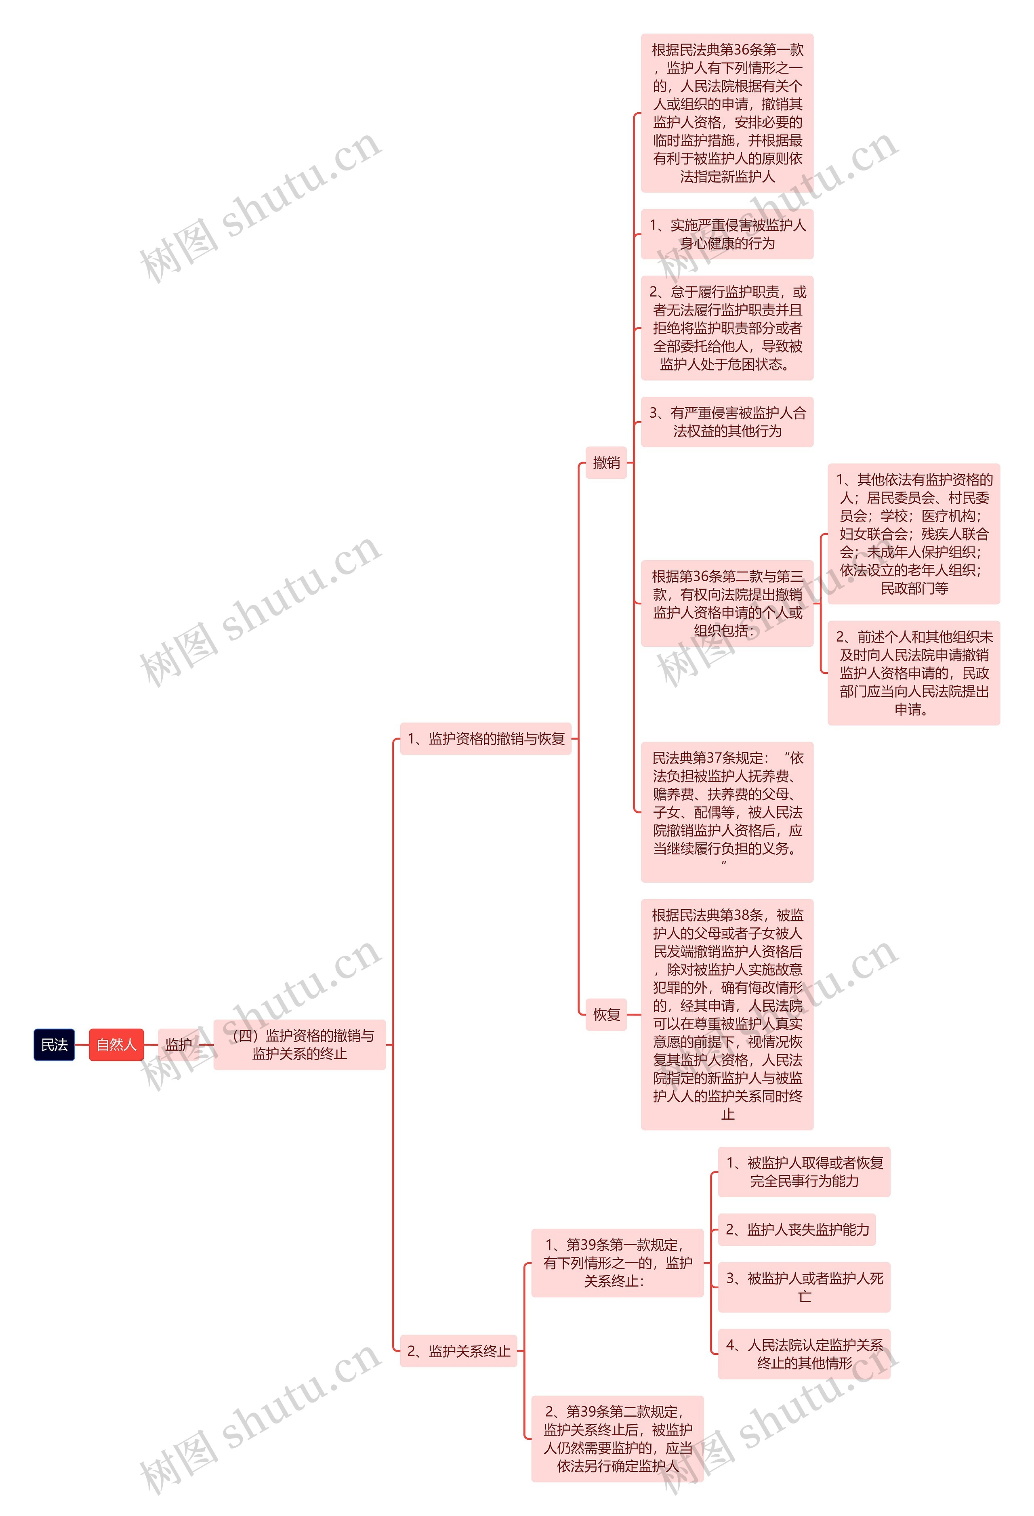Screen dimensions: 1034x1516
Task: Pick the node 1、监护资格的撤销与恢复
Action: point(485,738)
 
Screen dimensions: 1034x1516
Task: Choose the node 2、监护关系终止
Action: point(458,1350)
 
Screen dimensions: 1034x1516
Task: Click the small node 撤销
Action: point(606,463)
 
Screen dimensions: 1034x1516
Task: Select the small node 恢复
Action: point(606,1014)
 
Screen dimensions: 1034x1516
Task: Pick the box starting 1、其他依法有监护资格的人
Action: point(913,534)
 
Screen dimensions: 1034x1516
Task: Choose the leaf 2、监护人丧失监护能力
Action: point(797,1230)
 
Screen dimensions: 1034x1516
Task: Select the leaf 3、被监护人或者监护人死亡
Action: point(804,1287)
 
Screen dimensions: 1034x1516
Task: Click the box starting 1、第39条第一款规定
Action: point(617,1263)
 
